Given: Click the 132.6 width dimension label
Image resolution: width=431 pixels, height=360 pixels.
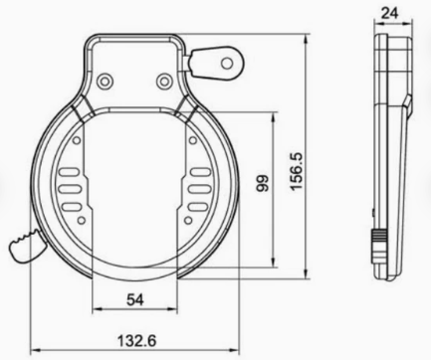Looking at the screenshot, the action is tap(136, 340).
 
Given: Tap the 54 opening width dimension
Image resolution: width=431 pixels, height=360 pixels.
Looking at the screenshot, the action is tap(135, 300).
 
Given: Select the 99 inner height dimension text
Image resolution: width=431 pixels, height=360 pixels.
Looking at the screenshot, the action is tap(263, 183).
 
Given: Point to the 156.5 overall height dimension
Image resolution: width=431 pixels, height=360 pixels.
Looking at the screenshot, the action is tap(297, 171).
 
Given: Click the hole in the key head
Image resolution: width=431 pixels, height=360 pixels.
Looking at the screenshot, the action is tap(227, 63).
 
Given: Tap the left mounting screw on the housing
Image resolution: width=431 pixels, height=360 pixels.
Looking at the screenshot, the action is tap(105, 81).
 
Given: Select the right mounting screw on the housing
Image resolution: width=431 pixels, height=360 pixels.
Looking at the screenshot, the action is tap(163, 81).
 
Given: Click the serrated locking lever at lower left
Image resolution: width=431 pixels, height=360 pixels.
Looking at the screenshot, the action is tap(27, 246).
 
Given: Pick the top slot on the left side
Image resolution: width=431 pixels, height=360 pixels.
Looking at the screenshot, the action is tap(69, 172).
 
